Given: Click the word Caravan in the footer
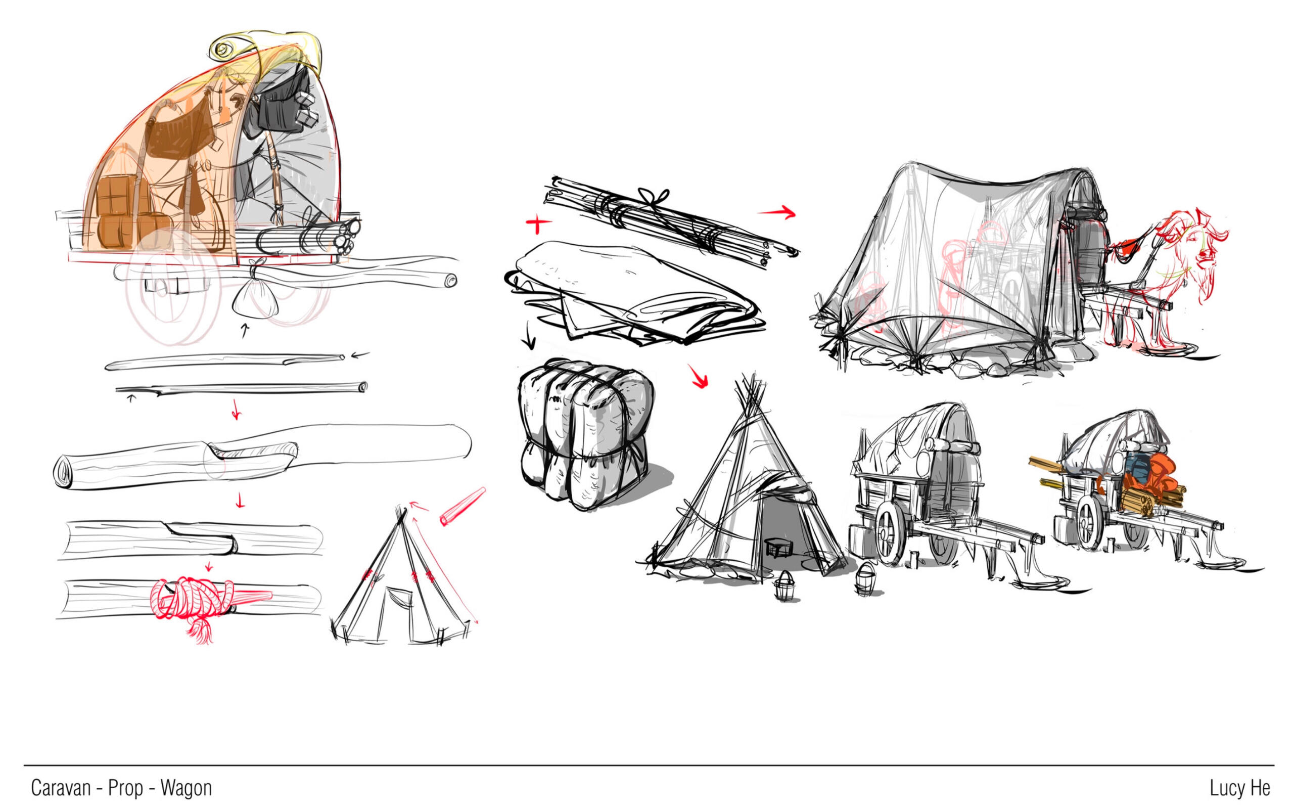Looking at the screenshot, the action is (61, 787).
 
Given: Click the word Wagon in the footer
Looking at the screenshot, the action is (186, 788).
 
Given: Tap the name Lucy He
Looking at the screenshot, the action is (1240, 787).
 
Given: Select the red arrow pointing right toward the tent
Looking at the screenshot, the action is (776, 212).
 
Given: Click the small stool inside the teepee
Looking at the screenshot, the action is (778, 548).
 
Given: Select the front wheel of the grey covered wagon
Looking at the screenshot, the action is (889, 532).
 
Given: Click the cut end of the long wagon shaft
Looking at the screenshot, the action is (451, 280).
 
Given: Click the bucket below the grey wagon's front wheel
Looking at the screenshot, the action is (864, 581).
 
